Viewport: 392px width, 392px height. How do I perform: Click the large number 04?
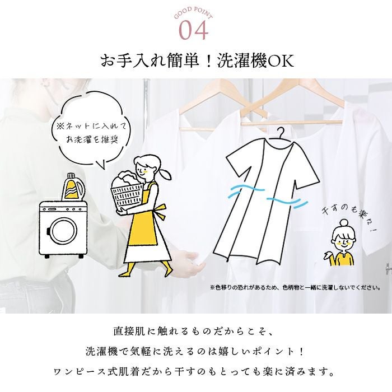(194, 30)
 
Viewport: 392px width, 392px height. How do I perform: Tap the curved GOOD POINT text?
(194, 12)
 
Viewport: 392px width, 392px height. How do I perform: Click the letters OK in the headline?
(281, 60)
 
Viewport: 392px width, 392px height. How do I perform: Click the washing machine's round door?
(63, 231)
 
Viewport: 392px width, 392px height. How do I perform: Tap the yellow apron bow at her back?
(160, 212)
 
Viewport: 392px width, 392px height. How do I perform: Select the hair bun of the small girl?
(344, 223)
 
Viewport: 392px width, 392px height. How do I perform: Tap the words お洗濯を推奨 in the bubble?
(92, 139)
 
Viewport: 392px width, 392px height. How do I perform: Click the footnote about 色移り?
(296, 287)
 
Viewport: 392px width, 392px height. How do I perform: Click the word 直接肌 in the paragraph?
(129, 331)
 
